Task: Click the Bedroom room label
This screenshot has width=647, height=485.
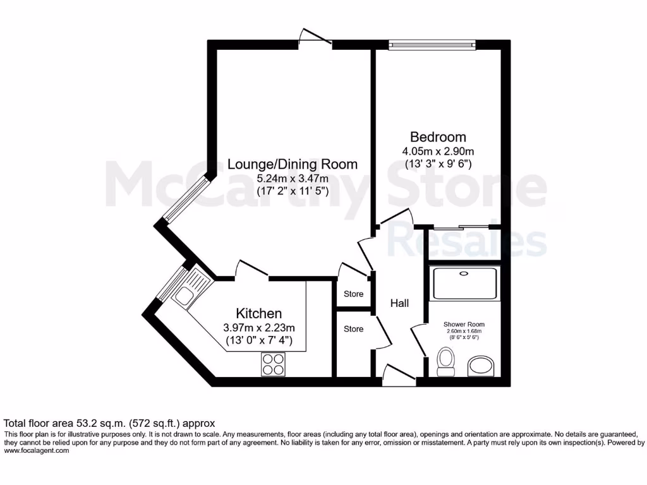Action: coord(438,137)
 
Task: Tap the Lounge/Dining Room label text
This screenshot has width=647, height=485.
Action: coord(292,164)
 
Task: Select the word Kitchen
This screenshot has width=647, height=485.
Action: coord(258,313)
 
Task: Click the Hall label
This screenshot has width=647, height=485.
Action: coord(399,303)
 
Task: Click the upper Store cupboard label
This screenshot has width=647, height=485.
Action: coord(353,294)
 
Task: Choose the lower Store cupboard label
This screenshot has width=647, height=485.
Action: coord(353,329)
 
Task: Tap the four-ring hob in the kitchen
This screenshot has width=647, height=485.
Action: coord(273,363)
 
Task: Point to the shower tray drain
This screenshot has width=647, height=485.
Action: coord(464,273)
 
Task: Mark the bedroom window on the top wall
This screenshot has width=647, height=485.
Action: coord(432,44)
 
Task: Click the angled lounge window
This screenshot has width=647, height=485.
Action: coord(186,200)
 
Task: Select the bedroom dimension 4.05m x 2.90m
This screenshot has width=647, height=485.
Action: coord(438,152)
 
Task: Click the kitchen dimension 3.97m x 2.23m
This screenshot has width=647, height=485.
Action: coord(259,328)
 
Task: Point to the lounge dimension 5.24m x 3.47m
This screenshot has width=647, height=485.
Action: coord(292,178)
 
